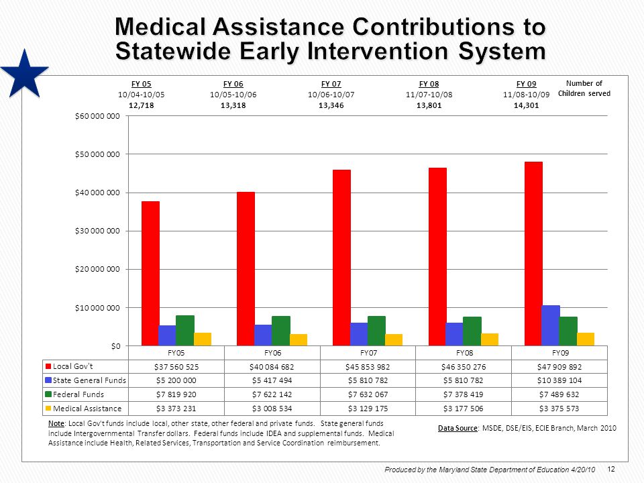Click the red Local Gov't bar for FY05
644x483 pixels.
[150, 273]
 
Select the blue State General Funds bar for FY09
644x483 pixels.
[551, 325]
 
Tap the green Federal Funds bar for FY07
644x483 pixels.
[376, 331]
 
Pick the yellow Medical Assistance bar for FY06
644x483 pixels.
[299, 339]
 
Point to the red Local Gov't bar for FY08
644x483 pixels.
[437, 257]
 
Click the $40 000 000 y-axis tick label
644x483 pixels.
[97, 193]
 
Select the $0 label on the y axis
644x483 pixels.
[116, 346]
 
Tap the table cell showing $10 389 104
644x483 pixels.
[559, 380]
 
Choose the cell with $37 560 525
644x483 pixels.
[176, 367]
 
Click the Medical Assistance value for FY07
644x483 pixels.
[368, 409]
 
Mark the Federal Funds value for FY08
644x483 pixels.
[464, 394]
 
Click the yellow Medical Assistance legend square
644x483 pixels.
[48, 409]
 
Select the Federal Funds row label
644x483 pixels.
[78, 394]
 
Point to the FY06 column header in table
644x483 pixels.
[272, 353]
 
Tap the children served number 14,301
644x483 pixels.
[526, 105]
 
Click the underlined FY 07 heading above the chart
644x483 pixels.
[331, 84]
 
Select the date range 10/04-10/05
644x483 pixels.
[142, 95]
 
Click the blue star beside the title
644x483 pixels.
[25, 74]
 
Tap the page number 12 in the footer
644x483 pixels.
[610, 469]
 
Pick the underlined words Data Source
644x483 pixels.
[458, 428]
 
